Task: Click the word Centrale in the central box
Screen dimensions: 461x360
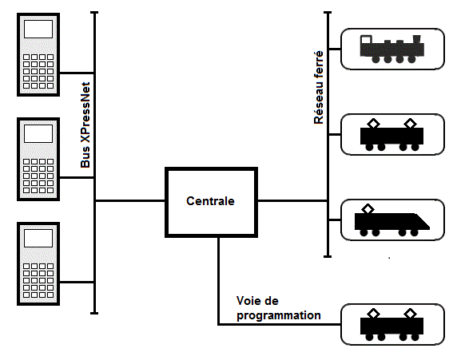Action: pos(210,201)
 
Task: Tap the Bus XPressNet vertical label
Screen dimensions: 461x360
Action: pos(85,125)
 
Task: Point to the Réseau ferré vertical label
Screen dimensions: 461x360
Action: pos(319,88)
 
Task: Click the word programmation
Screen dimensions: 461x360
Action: pos(279,315)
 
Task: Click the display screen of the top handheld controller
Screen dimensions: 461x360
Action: pos(38,29)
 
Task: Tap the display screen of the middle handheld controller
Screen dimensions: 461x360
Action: pos(38,133)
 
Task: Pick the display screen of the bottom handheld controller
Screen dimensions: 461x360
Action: pos(38,238)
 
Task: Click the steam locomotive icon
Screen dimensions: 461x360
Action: pos(392,49)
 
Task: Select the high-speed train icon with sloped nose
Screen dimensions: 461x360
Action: pos(392,220)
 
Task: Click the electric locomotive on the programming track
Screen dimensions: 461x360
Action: pos(392,325)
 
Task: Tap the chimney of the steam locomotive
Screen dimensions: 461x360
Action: pos(417,39)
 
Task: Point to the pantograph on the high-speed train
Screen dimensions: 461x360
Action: pos(368,209)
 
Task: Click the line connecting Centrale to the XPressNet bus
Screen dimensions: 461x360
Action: pos(130,201)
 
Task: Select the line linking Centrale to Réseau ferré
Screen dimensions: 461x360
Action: pos(292,201)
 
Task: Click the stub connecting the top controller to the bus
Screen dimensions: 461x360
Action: pos(77,73)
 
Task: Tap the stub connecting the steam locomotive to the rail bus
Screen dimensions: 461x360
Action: pos(335,49)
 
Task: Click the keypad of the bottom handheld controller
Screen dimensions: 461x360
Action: pos(38,281)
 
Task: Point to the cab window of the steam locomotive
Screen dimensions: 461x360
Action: pos(366,40)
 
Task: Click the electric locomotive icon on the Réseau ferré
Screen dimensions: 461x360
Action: pos(392,135)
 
